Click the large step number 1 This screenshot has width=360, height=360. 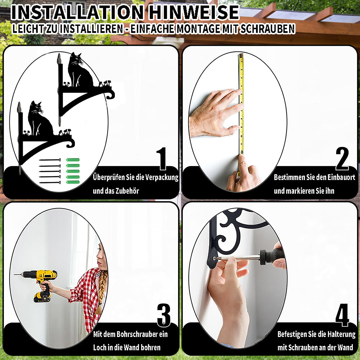(x=162, y=158)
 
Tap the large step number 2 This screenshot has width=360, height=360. (x=342, y=158)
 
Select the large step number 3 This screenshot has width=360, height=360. (x=164, y=315)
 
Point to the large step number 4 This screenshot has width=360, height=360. (x=342, y=315)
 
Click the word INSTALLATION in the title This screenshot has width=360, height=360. (x=77, y=12)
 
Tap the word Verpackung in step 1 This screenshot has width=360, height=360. (x=162, y=177)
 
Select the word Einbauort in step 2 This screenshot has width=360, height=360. (x=341, y=177)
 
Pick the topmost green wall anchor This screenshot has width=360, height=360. (x=73, y=160)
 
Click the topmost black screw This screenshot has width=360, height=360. (x=50, y=160)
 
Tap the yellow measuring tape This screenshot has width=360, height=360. (x=241, y=104)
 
